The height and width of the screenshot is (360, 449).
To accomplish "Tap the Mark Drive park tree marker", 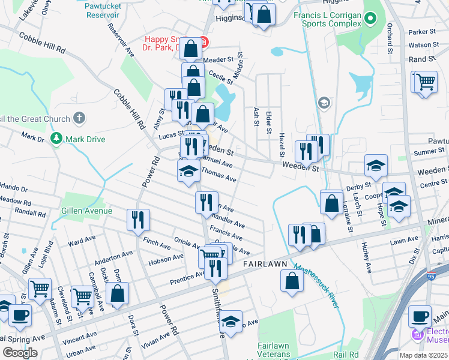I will coord(56,139).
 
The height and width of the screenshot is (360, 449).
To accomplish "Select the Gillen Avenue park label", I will coord(86,211).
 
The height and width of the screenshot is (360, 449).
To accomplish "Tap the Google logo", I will coord(20,353).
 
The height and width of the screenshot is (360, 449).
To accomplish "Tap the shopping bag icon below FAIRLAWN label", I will coord(292,281).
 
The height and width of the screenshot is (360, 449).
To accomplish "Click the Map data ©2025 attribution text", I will coord(423,355).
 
